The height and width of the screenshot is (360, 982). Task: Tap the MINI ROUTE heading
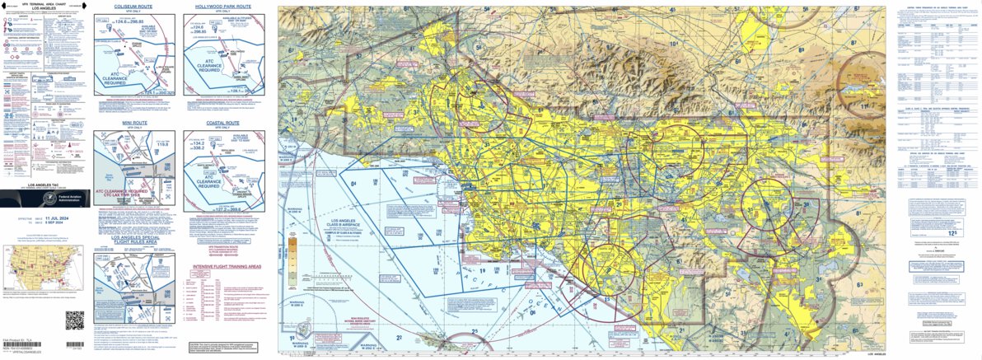coord(134,122)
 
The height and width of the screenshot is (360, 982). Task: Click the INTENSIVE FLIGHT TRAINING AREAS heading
coord(227,267)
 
